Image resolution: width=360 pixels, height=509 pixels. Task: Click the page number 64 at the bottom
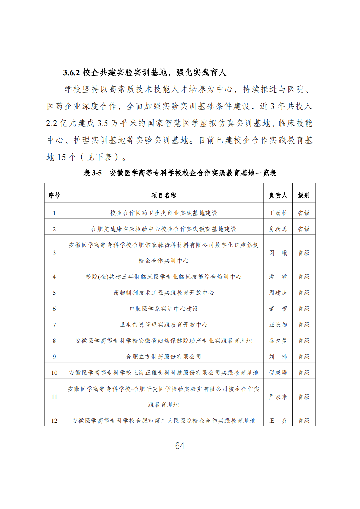[180, 446]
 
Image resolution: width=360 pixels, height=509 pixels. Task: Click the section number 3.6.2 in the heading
[72, 72]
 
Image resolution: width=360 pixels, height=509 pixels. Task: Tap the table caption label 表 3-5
[92, 173]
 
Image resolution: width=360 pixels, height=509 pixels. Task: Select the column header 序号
[54, 195]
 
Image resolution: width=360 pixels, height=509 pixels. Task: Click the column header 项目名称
[164, 195]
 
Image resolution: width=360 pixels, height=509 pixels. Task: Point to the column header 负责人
[278, 195]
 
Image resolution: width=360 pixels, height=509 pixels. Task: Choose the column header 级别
[304, 195]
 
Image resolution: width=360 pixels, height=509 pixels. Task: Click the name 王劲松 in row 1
[278, 213]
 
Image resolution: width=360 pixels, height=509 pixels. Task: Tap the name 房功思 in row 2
[278, 229]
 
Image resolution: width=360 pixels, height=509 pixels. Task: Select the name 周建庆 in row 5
[278, 293]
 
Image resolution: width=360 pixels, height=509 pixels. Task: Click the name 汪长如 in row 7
[278, 325]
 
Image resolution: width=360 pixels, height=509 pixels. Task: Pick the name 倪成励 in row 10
[278, 373]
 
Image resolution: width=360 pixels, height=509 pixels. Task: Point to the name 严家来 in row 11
[278, 397]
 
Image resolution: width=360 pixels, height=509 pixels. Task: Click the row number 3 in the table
[54, 253]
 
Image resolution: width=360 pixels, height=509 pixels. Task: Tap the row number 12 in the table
[54, 421]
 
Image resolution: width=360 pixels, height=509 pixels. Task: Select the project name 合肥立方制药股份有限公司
[164, 357]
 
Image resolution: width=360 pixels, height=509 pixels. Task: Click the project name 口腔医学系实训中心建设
[164, 309]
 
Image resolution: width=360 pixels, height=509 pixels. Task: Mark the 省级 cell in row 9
[304, 357]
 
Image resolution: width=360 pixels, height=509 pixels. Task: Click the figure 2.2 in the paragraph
[52, 123]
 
